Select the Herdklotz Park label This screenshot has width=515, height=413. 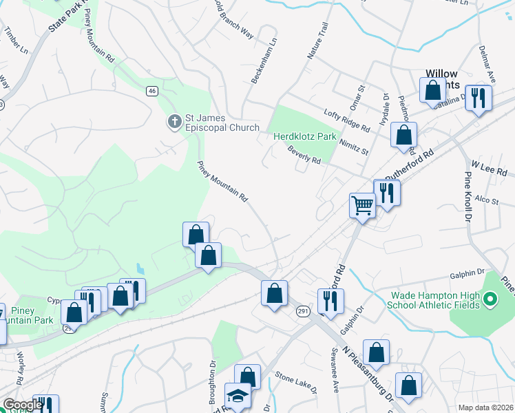coord(306,136)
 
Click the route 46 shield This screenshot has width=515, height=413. coord(152,90)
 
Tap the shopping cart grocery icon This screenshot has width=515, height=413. coord(362,204)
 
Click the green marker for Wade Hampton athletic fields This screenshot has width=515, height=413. coord(490,299)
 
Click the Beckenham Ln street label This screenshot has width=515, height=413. coord(265,61)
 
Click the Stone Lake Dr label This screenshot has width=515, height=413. coord(295,383)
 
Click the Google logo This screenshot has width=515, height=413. coord(22,405)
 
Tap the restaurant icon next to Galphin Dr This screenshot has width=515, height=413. coord(329,299)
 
